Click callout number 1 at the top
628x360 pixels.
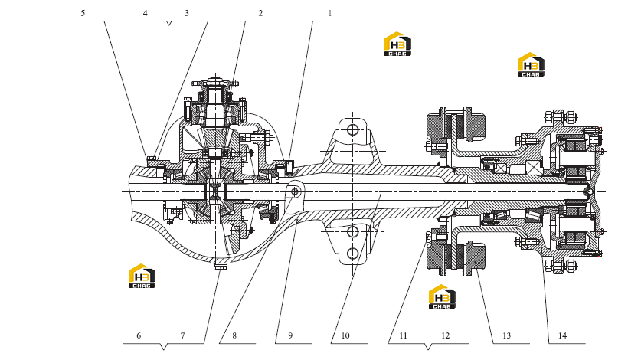pyautogui.click(x=330, y=13)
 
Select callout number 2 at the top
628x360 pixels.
pyautogui.click(x=260, y=13)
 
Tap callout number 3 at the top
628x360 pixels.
pyautogui.click(x=187, y=13)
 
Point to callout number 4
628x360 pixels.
pyautogui.click(x=145, y=13)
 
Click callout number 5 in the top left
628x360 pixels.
pyautogui.click(x=83, y=13)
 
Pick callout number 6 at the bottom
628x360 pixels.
pyautogui.click(x=139, y=335)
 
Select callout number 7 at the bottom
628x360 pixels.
pyautogui.click(x=182, y=335)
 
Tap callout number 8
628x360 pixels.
pyautogui.click(x=234, y=335)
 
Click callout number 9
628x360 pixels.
pyautogui.click(x=290, y=335)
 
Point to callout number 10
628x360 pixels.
pyautogui.click(x=345, y=335)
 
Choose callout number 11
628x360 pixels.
pyautogui.click(x=404, y=335)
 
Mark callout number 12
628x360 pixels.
pyautogui.click(x=446, y=335)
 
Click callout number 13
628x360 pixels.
pyautogui.click(x=507, y=335)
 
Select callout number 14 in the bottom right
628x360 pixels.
pyautogui.click(x=562, y=335)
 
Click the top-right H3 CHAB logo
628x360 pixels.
pyautogui.click(x=531, y=64)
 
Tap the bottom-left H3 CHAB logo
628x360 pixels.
pyautogui.click(x=142, y=276)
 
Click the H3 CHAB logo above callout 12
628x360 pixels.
pyautogui.click(x=442, y=296)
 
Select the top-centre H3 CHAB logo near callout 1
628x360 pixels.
pyautogui.click(x=397, y=44)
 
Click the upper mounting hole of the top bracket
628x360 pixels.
pyautogui.click(x=352, y=129)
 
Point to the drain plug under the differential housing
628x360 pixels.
pyautogui.click(x=219, y=266)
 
